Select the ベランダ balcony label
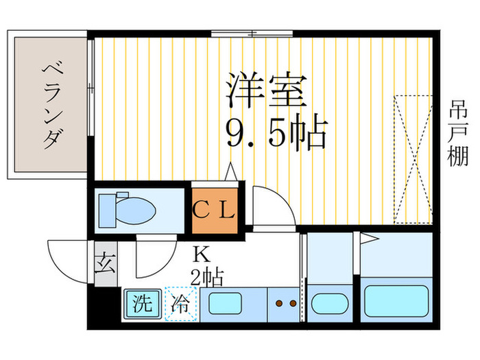coord(50,104)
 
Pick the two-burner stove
coord(285,302)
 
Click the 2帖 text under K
coord(205,277)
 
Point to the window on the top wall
coord(253,33)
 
